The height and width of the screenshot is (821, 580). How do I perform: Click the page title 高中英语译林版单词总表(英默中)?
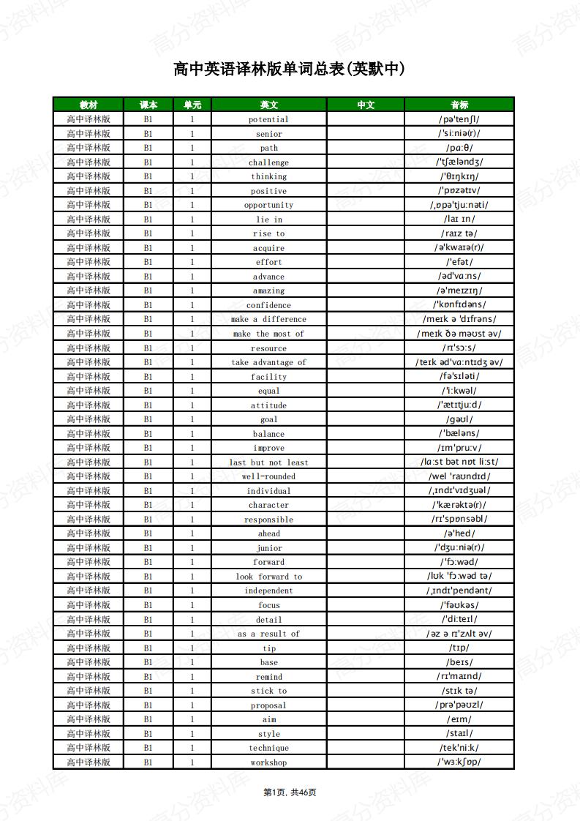tap(289, 70)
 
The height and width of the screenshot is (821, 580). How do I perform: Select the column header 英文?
tap(268, 105)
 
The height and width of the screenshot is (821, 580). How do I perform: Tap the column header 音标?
tap(459, 105)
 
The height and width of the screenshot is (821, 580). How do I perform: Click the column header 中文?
tap(365, 105)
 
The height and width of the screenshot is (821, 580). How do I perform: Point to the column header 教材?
tap(88, 105)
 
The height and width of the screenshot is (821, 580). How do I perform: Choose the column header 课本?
tap(148, 105)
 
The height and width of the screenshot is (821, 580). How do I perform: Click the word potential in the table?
tap(268, 119)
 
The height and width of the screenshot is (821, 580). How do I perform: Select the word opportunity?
tap(268, 205)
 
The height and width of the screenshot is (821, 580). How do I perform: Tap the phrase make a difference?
tap(268, 319)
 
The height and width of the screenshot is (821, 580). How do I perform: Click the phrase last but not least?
tap(268, 462)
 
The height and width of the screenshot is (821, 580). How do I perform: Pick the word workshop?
tap(268, 762)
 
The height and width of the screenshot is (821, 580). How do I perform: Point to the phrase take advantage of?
tap(268, 362)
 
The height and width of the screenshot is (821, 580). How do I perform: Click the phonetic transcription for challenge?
tap(459, 162)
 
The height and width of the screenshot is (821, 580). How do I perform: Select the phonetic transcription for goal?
tap(459, 419)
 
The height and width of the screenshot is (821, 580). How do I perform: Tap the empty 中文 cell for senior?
tap(365, 134)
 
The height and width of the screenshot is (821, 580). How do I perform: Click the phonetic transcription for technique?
tap(459, 748)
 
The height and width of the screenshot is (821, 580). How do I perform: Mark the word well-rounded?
tap(268, 476)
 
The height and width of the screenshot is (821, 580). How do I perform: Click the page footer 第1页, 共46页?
tap(290, 792)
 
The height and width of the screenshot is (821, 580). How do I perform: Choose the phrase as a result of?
tap(268, 634)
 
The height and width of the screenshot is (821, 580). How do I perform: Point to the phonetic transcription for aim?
tap(459, 719)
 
